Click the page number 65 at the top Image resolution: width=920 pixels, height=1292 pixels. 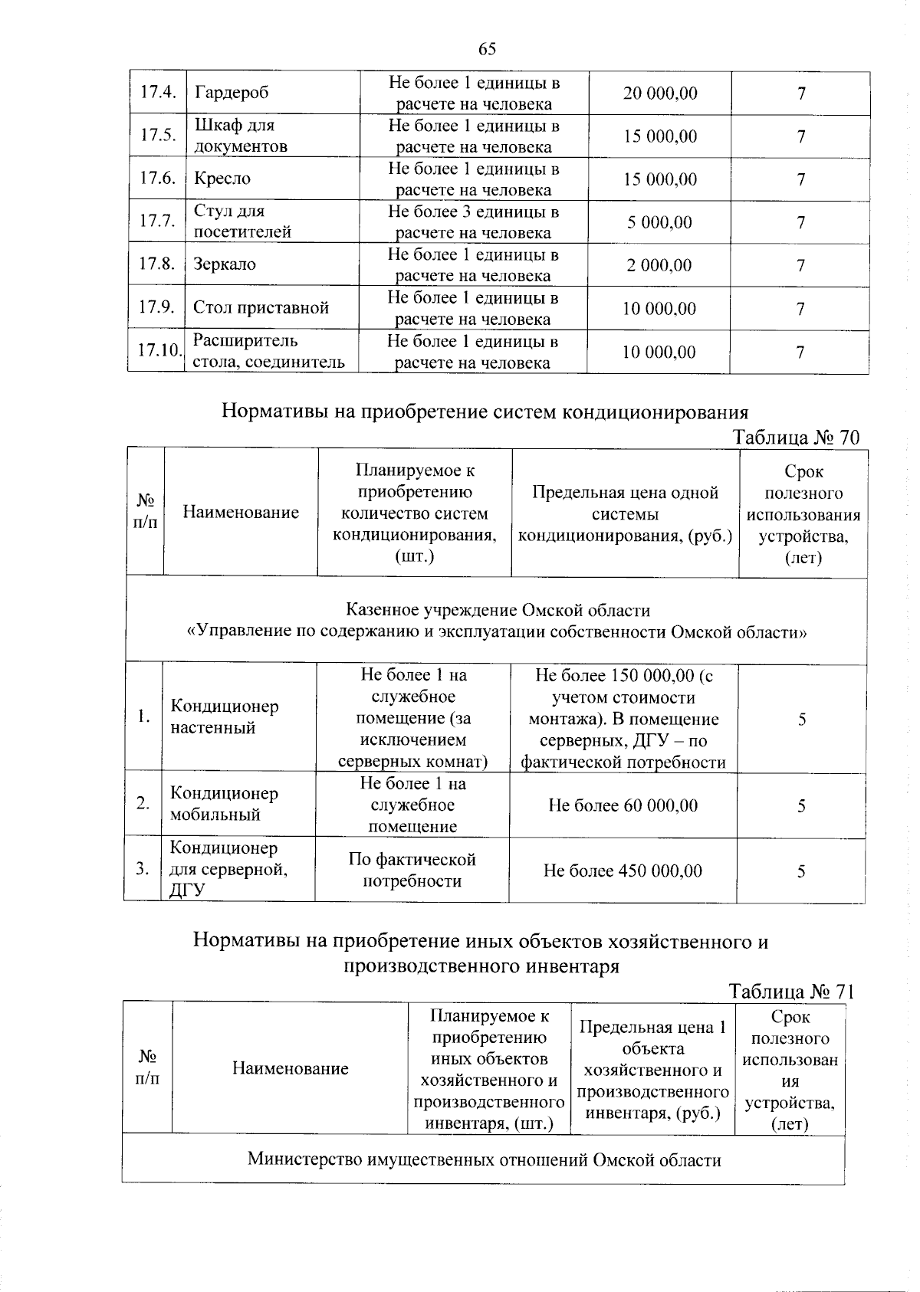pos(487,48)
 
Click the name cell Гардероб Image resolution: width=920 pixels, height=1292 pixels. pos(231,93)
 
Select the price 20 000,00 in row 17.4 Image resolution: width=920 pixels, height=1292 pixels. pos(659,93)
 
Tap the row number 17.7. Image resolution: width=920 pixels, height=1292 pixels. pos(157,221)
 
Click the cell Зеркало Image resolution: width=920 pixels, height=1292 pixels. pos(225,264)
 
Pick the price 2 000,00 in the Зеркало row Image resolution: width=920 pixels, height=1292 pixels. pos(659,265)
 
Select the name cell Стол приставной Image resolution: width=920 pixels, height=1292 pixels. pos(261,308)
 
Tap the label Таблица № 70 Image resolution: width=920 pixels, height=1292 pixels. pos(796,438)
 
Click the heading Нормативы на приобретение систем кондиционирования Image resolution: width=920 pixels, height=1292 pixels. pos(485,412)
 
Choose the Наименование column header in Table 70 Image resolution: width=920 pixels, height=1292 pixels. pos(240,512)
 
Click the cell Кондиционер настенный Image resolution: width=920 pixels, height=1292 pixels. pos(224,717)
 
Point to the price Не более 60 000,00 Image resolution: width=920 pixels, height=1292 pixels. pos(623,805)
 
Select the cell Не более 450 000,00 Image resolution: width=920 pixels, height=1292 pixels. pos(623,870)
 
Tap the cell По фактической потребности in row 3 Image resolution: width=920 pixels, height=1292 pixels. pos(412,870)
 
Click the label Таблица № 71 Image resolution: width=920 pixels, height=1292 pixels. pos(791,991)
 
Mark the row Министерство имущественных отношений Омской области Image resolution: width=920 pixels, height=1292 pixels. pos(484,1159)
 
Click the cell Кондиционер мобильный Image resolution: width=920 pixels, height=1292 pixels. pos(224,803)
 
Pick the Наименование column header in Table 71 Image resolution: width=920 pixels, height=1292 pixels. pos(290,1068)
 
